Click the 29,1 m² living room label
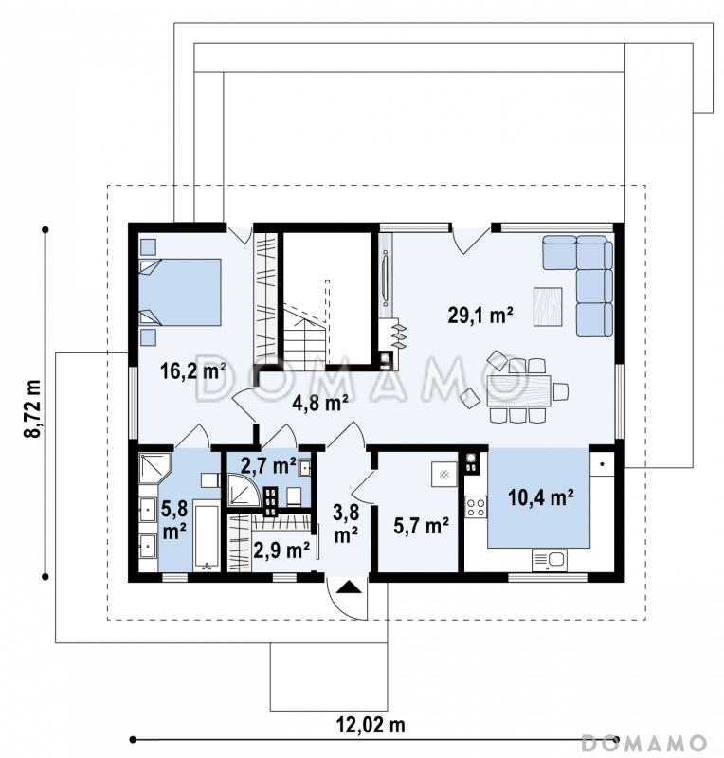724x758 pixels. pos(480,316)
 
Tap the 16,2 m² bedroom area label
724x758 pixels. pos(193,370)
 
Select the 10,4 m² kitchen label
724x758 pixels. pos(541,496)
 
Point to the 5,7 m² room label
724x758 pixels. pos(421,526)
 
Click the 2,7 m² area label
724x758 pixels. pos(268,465)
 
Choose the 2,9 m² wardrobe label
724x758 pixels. pos(281,550)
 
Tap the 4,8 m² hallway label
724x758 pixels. pos(320,402)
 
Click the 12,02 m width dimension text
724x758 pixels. pos(371,725)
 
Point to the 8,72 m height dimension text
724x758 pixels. pos(33,408)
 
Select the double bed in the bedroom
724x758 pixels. pos(180,292)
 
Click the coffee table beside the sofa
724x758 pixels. pos(548,306)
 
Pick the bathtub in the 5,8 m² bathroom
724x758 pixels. pos(207,535)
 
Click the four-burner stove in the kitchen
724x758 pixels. pos(476,507)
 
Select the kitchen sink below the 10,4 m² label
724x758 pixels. pos(550,560)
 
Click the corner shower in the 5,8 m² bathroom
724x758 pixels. pos(154,468)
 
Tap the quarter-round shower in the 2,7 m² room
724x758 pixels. pos(244,490)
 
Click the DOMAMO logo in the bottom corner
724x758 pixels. pos(643,742)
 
